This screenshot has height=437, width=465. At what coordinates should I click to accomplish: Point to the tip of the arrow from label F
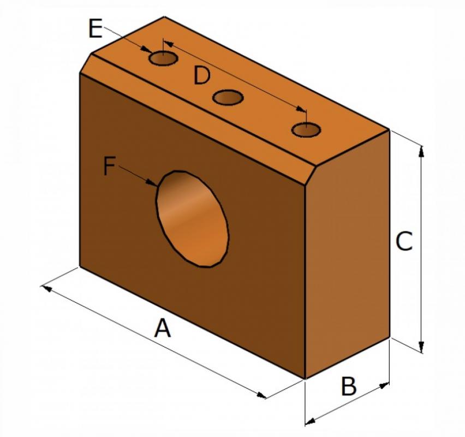click(x=157, y=186)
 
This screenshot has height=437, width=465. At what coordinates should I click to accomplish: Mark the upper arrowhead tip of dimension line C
click(x=421, y=146)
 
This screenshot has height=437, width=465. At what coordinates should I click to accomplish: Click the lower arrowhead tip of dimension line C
click(x=421, y=352)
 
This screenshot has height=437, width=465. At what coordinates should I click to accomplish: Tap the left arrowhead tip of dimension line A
click(x=40, y=286)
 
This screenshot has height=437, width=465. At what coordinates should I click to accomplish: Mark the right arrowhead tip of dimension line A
click(x=265, y=398)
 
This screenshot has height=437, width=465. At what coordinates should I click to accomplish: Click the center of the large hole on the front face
click(x=193, y=219)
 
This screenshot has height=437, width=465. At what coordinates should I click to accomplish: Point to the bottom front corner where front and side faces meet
click(x=305, y=379)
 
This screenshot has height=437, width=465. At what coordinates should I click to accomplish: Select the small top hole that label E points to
click(x=163, y=58)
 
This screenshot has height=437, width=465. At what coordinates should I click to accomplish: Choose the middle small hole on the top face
click(x=228, y=98)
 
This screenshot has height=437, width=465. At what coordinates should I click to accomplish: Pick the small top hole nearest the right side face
click(x=306, y=130)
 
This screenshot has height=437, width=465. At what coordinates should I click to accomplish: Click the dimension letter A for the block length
click(x=163, y=327)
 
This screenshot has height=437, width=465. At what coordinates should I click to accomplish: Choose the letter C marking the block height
click(x=404, y=241)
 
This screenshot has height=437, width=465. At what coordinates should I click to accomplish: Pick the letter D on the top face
click(x=201, y=75)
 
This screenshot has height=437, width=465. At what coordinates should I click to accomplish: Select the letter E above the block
click(x=96, y=28)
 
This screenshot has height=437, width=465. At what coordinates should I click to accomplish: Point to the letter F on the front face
click(x=109, y=166)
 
